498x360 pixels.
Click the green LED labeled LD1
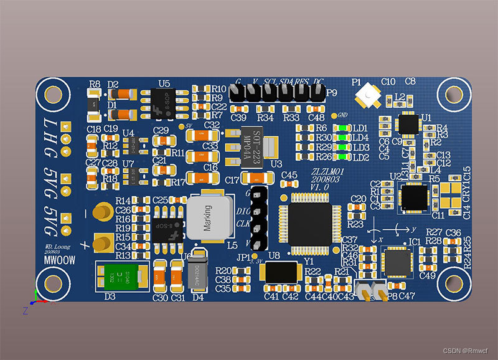(342, 128)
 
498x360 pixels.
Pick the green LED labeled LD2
(342, 157)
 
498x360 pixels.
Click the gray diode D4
(197, 270)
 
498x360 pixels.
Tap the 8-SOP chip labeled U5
(163, 102)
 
